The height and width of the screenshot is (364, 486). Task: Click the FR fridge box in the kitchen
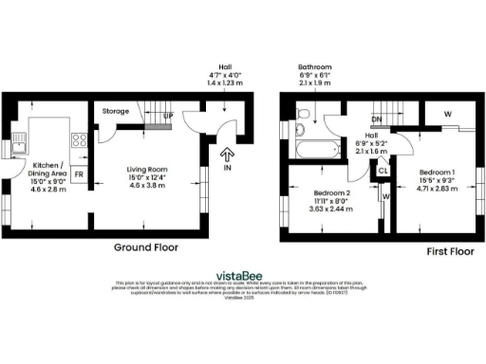coord(80,175)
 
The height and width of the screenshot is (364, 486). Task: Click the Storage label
coord(117,111)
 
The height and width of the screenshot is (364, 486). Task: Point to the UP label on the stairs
coord(168,117)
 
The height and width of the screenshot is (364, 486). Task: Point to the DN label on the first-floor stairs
coord(377,119)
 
